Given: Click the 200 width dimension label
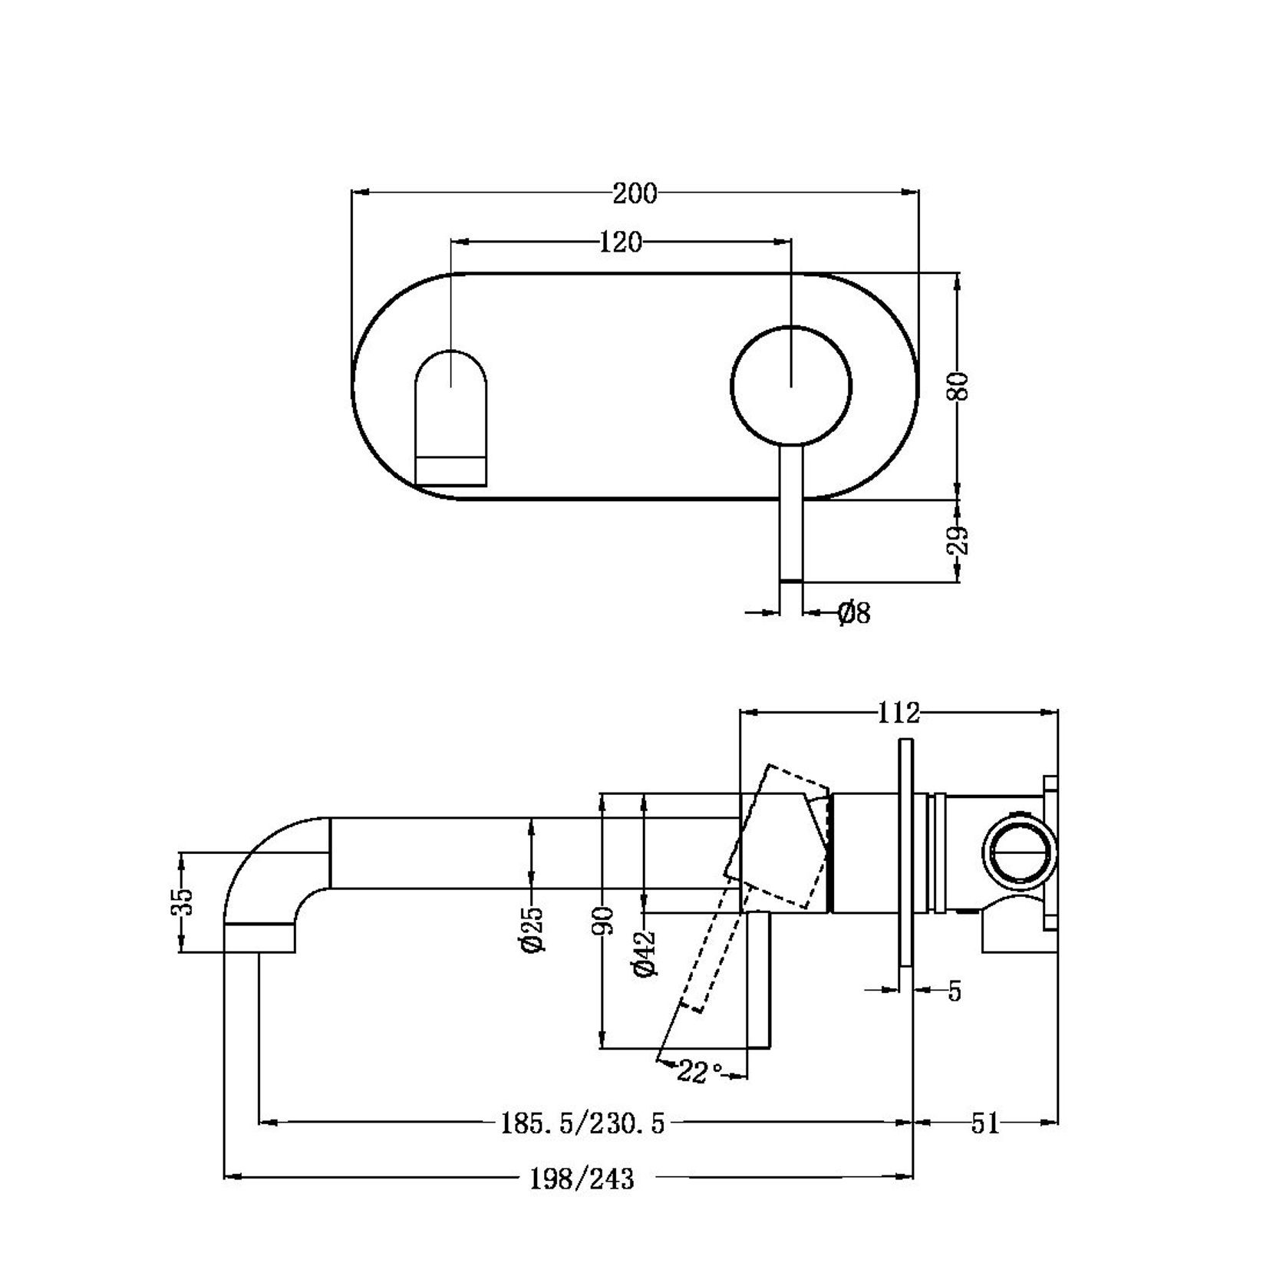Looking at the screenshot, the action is coord(635,193).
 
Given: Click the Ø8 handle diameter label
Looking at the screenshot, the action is coord(854,612).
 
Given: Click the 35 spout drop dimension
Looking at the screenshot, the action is coord(183,902).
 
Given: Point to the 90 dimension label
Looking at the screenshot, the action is coord(605,919).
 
